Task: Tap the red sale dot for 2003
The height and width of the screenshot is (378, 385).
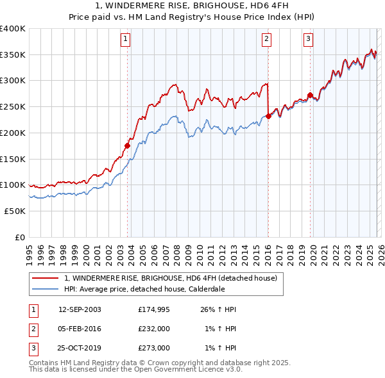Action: (x=127, y=146)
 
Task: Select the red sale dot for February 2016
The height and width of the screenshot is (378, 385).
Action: (x=268, y=116)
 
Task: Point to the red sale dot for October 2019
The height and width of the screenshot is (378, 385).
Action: (x=310, y=95)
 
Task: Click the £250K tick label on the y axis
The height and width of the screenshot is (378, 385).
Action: (x=13, y=107)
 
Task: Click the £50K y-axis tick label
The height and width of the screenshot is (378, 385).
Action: (x=15, y=211)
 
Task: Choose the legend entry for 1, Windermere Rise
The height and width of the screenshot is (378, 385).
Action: (x=170, y=278)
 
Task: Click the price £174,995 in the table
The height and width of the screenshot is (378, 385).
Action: (x=154, y=309)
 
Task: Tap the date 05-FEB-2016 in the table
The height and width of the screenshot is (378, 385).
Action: (x=80, y=329)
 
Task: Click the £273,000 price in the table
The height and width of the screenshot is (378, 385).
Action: (x=154, y=348)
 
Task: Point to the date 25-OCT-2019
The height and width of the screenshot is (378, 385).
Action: (x=80, y=348)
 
